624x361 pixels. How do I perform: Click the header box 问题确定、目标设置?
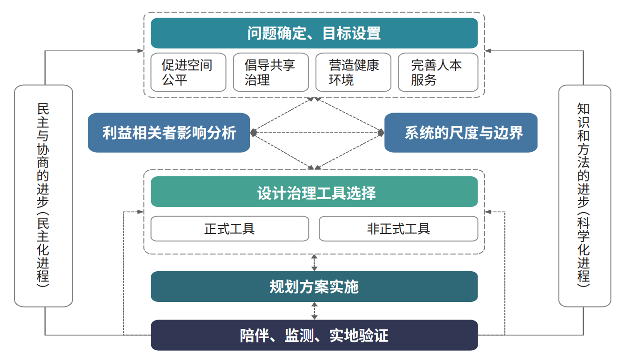tap(314, 33)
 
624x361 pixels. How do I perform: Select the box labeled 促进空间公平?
tap(188, 73)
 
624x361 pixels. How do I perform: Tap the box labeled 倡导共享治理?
tap(271, 73)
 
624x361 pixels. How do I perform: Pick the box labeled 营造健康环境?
tap(353, 73)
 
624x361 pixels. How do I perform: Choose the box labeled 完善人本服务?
tap(438, 73)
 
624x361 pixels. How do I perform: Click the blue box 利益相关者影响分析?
tap(169, 133)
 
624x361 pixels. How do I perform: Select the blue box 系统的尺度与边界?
tap(461, 133)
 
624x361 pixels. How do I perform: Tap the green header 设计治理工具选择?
tap(314, 192)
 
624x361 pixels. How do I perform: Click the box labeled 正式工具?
tap(230, 229)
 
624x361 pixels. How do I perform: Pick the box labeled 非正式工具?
tap(398, 229)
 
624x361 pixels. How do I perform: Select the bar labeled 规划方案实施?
tap(314, 287)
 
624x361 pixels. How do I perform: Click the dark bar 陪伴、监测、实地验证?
tap(314, 335)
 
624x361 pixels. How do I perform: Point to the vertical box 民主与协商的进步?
tap(43, 196)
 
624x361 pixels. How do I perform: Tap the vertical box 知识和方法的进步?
tap(585, 196)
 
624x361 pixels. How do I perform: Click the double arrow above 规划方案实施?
tap(314, 263)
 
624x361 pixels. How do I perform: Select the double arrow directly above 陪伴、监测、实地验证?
tap(314, 311)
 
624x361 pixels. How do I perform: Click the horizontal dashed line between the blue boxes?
tap(317, 133)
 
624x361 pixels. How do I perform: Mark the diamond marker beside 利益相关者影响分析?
tap(253, 133)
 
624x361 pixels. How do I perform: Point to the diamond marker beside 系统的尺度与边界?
tap(381, 133)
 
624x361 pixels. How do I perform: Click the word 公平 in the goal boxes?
tap(174, 80)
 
